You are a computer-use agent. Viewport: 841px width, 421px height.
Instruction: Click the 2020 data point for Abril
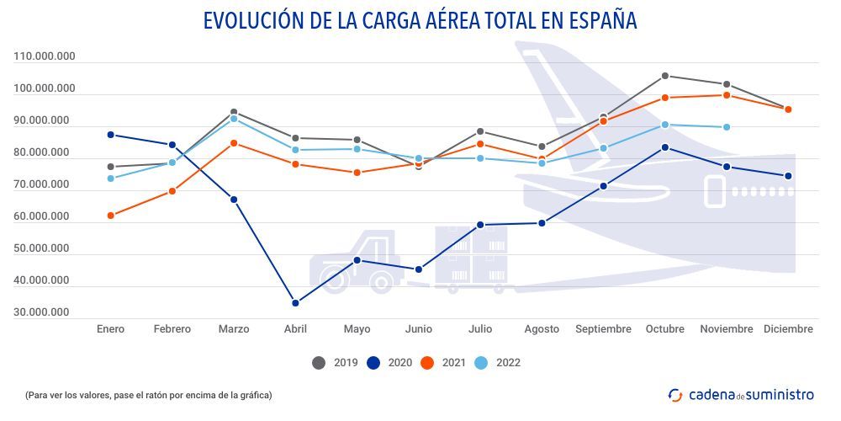[x=295, y=303]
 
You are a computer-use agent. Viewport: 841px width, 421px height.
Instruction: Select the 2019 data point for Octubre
[x=664, y=76]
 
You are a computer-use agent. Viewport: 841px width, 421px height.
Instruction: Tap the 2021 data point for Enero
[x=110, y=216]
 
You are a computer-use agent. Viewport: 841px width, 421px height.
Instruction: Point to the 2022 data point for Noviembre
[x=727, y=127]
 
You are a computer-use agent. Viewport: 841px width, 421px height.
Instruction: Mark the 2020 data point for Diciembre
[x=788, y=176]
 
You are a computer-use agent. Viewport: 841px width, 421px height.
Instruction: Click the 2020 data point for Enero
[x=110, y=135]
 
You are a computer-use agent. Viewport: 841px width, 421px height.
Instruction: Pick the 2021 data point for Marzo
[x=234, y=143]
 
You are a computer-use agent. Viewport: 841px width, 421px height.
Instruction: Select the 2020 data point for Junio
[x=419, y=269]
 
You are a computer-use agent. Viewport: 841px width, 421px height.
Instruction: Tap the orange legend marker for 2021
[x=427, y=363]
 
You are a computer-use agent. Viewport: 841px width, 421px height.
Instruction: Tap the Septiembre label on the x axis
[x=603, y=329]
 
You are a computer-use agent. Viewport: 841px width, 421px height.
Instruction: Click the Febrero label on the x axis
[x=172, y=329]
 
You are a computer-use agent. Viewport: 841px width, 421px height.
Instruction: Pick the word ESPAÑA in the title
[x=596, y=20]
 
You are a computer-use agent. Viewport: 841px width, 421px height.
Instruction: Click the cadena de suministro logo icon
[x=675, y=394]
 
